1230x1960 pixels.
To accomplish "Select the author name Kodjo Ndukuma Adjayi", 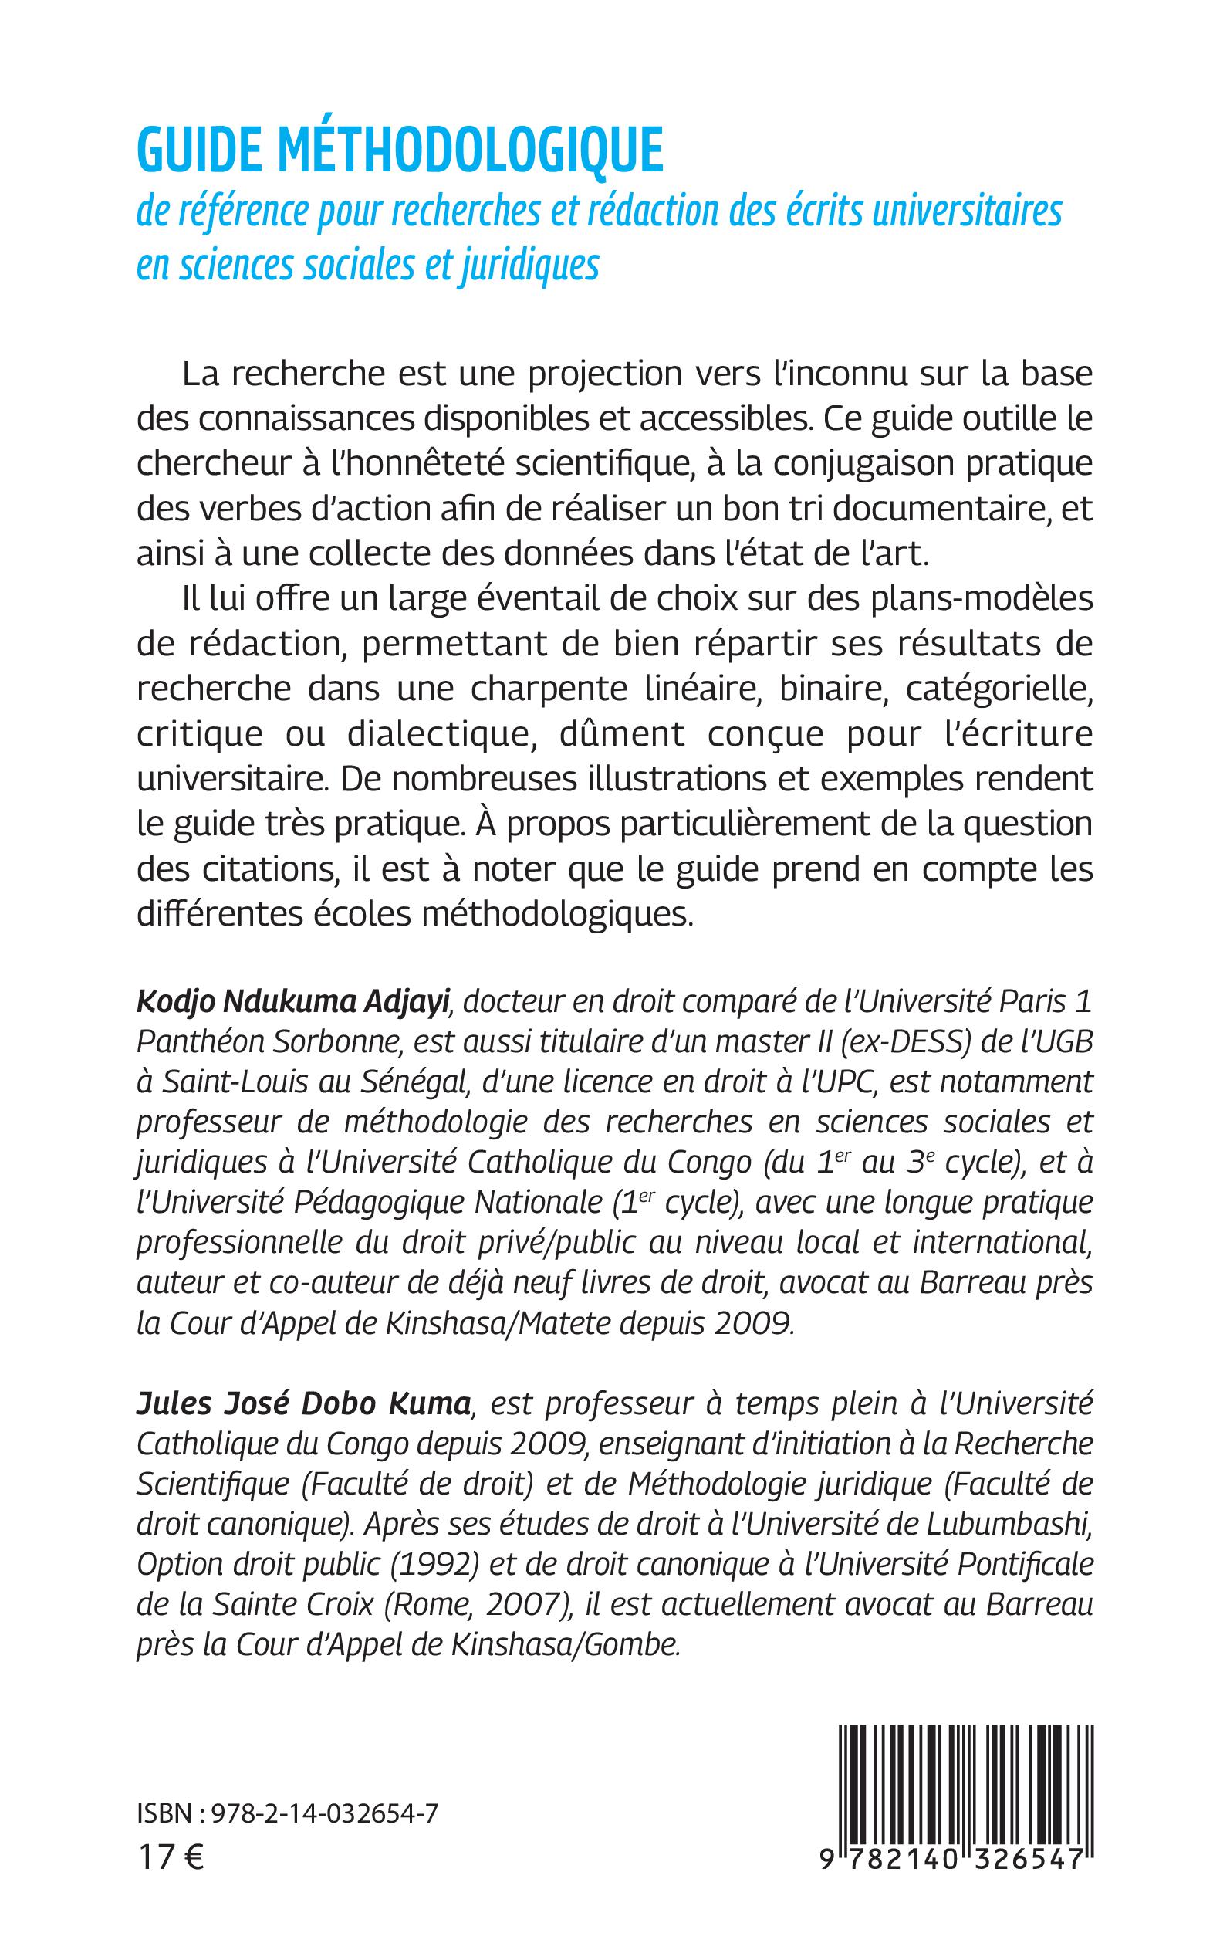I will click(x=293, y=1002).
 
